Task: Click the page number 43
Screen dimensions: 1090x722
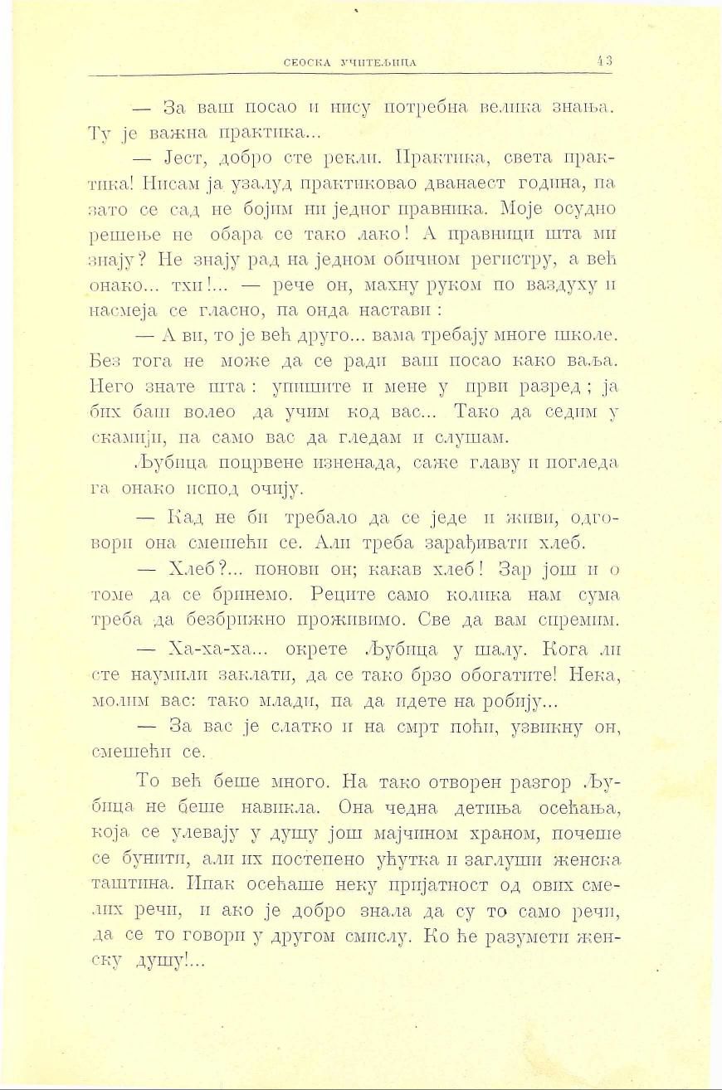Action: coord(604,60)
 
